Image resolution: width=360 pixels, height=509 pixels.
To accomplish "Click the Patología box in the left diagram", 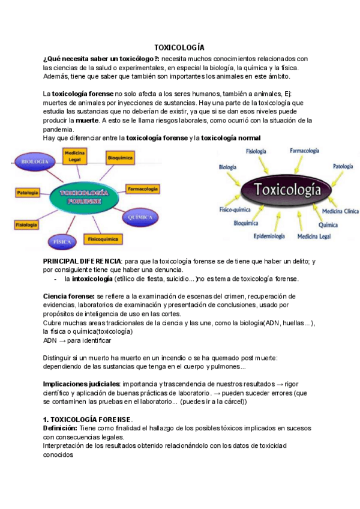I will coord(28,193).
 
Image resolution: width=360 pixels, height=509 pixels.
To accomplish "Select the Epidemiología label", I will coord(269,236).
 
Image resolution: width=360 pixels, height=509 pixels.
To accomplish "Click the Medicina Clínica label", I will coord(340,212).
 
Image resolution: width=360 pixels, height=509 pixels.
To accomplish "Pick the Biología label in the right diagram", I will coord(227,167).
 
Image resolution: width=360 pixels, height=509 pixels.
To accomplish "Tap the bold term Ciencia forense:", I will coord(69,297).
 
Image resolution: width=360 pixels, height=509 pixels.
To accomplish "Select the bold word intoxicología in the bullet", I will coord(92,279).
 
